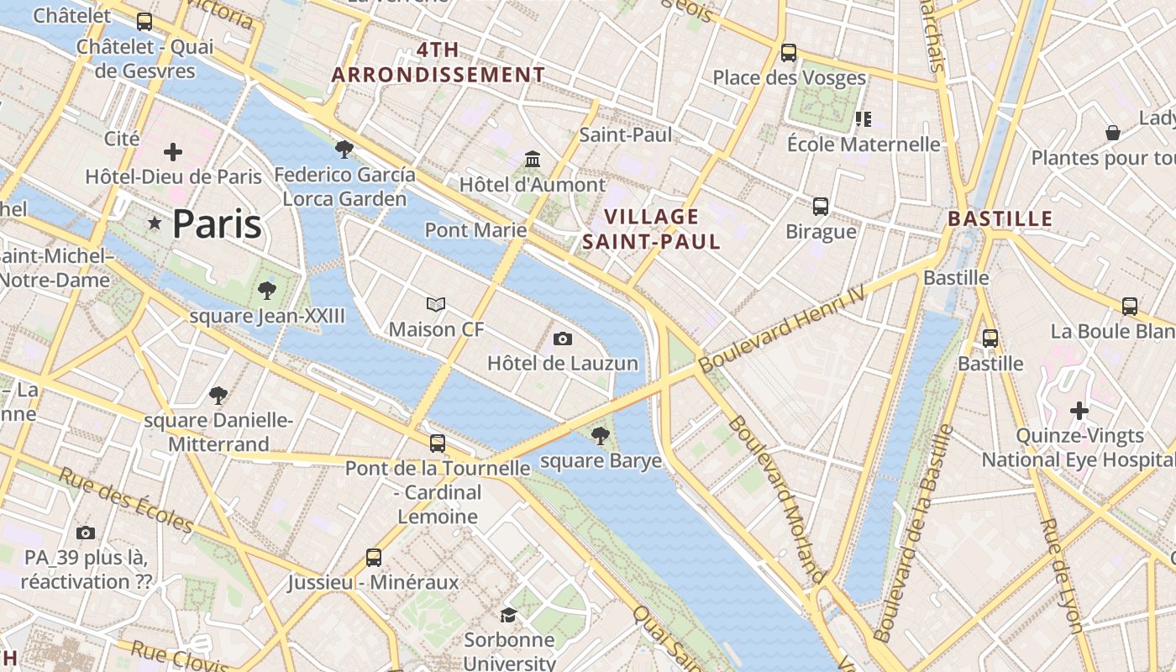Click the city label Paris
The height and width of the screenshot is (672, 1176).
(x=217, y=224)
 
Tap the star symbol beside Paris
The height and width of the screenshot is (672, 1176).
(x=155, y=223)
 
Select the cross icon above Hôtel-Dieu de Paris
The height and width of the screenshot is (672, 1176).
(x=173, y=152)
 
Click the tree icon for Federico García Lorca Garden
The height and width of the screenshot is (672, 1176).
(x=344, y=150)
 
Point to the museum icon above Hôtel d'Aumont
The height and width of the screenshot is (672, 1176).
(x=533, y=159)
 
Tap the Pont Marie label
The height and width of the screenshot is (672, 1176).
(x=475, y=230)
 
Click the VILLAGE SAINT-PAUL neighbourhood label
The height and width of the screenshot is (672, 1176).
(x=651, y=229)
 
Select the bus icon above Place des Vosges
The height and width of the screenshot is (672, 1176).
(x=788, y=52)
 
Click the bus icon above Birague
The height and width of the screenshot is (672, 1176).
(x=820, y=206)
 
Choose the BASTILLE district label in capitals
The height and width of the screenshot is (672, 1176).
(x=1000, y=219)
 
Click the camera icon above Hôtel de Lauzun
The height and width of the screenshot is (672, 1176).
(x=563, y=339)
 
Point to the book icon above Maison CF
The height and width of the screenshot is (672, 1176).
(x=436, y=304)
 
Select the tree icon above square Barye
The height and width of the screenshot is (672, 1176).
(x=600, y=435)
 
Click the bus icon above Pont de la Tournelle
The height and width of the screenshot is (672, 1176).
(x=438, y=443)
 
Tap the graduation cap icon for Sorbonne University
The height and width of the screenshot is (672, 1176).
(x=509, y=615)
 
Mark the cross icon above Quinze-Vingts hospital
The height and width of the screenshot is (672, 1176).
(x=1079, y=411)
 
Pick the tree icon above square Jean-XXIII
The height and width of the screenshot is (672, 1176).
(x=267, y=291)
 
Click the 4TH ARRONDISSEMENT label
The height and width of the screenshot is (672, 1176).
(x=438, y=62)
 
